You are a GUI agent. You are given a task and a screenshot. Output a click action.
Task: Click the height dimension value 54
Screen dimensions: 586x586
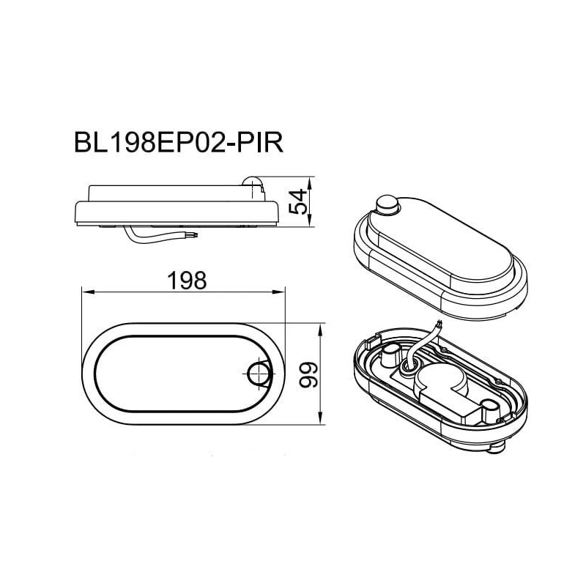(297, 201)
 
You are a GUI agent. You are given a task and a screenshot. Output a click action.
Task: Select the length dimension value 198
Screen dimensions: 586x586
(182, 280)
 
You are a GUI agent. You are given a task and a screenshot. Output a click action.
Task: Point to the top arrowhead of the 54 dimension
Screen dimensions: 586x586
(313, 180)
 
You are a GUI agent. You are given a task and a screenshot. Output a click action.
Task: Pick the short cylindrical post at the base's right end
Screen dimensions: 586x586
(486, 404)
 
